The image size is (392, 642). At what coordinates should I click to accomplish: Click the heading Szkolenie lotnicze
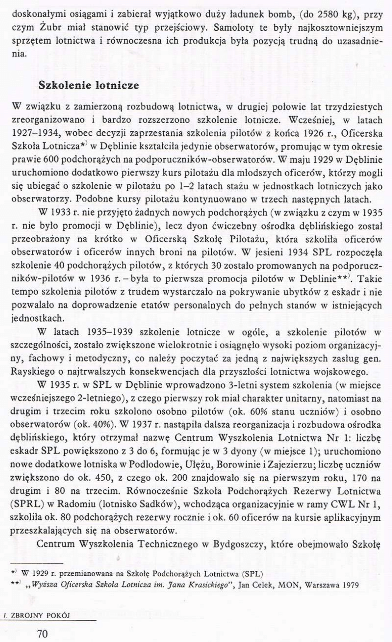[x=89, y=85]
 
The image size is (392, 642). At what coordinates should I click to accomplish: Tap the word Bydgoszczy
[x=235, y=544]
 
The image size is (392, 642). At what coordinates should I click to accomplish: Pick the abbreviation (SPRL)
[x=27, y=504]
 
